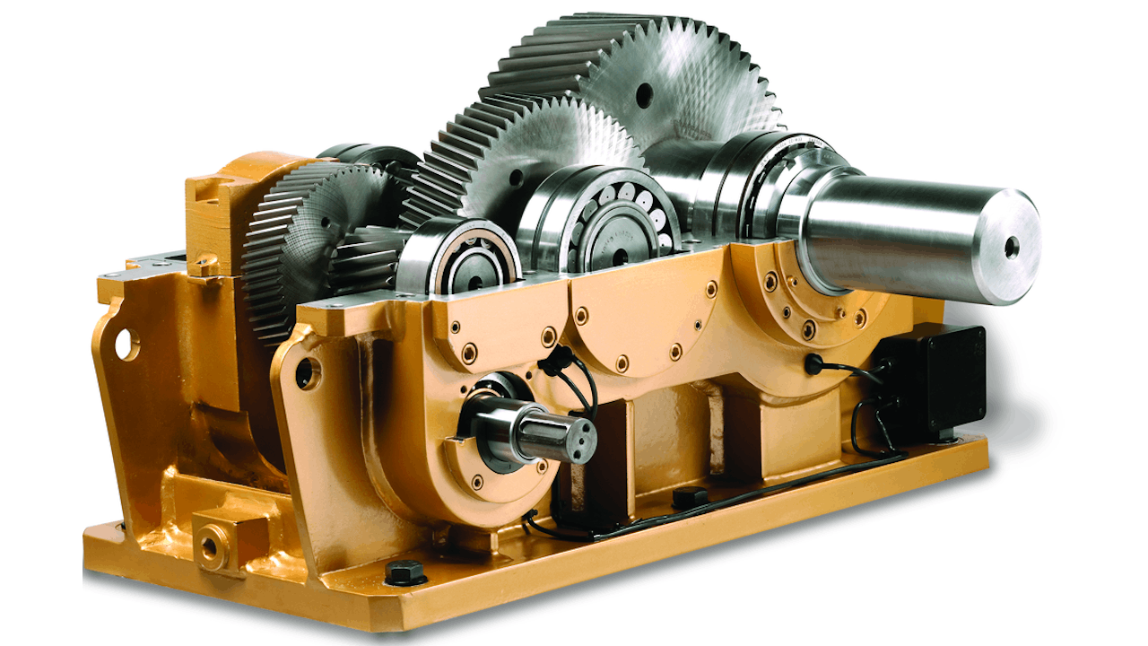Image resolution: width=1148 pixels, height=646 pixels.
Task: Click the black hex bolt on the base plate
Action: (x=404, y=571)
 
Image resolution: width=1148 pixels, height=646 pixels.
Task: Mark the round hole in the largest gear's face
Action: (x=644, y=95)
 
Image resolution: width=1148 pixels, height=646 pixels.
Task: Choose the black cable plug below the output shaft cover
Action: (x=814, y=364)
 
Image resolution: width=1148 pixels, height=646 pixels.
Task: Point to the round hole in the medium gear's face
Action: (x=517, y=179)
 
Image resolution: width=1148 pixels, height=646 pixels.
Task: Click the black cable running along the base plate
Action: (x=762, y=489)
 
